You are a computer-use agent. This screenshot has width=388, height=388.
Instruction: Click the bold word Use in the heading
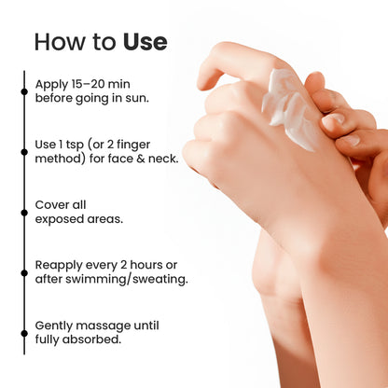click(x=145, y=42)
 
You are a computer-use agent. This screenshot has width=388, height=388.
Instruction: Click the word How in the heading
click(x=60, y=42)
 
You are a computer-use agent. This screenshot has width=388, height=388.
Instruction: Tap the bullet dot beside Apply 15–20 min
click(x=24, y=91)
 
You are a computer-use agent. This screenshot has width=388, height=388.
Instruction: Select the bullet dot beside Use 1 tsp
click(x=24, y=152)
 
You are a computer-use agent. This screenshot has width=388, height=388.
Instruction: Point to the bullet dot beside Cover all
click(x=24, y=213)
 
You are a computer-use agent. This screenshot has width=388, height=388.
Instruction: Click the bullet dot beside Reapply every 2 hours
click(x=24, y=273)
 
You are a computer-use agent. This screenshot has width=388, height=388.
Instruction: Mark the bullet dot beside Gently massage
click(x=24, y=333)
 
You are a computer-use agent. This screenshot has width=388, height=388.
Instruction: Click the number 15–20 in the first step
click(x=89, y=84)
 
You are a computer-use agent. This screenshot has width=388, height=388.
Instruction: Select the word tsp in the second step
click(x=75, y=145)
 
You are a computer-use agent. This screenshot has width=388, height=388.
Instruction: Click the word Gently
click(x=54, y=326)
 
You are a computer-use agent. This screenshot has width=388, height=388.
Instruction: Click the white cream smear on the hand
click(x=288, y=109)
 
